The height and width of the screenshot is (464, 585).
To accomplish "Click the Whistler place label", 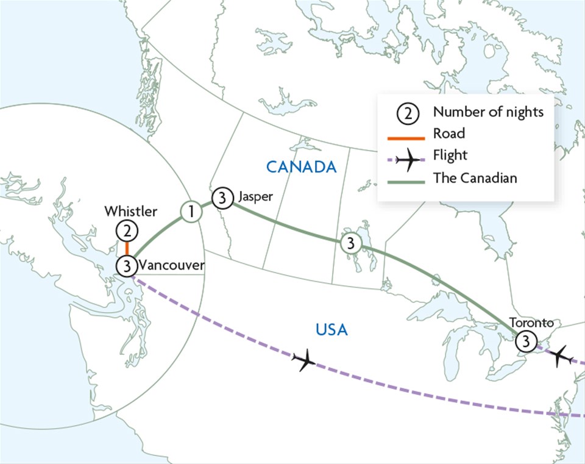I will pos(130,212).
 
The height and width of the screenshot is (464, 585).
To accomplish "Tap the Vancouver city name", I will pos(171,266).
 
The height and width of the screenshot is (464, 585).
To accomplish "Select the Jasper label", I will pos(251,197).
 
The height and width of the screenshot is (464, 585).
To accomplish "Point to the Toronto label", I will pos(531,323).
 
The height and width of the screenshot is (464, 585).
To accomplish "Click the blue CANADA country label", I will pos(301,166).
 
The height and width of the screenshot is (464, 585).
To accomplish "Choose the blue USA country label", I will pos(331,330).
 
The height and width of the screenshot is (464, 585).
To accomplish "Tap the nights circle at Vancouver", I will pos(126,266).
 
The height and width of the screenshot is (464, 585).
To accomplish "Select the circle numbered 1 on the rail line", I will pos(191,212).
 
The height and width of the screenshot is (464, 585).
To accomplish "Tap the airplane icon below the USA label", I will pos(304,360).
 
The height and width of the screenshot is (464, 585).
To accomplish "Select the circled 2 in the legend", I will pos(407,113).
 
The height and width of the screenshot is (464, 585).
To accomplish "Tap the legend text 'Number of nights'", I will pos(488,112).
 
